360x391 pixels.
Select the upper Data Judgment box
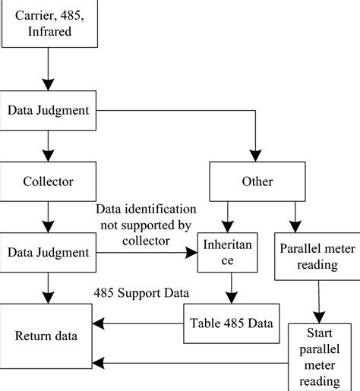pyautogui.click(x=49, y=111)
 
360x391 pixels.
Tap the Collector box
pyautogui.click(x=49, y=183)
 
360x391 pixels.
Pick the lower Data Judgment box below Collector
pyautogui.click(x=49, y=251)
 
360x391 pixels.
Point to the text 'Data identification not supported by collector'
pyautogui.click(x=145, y=224)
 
